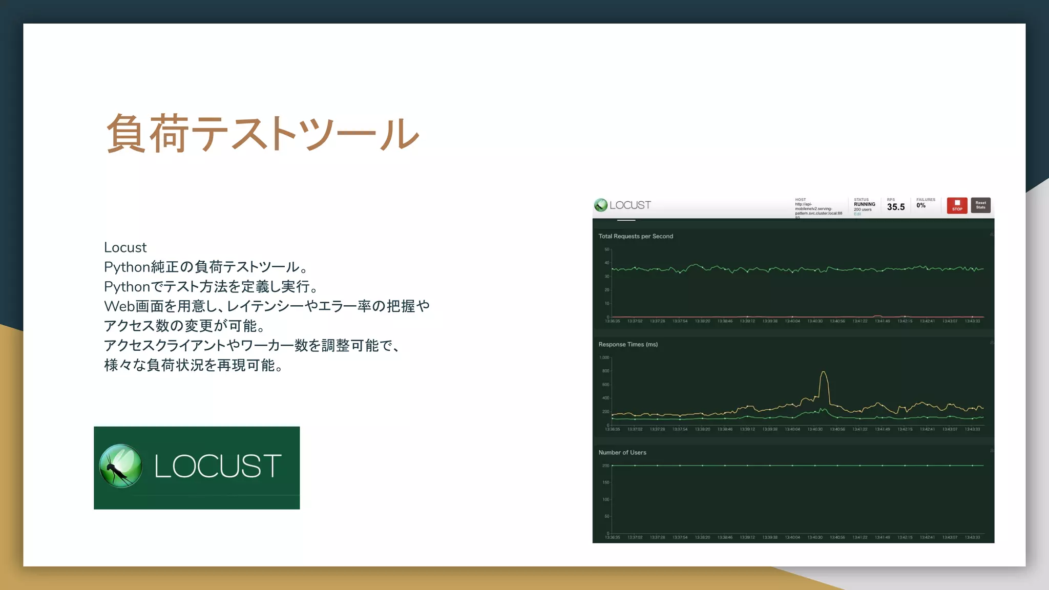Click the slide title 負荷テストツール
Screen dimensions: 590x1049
coord(262,134)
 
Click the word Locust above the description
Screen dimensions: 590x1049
coord(125,247)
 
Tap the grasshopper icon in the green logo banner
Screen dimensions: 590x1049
coord(121,466)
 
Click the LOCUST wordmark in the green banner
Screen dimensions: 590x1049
coord(218,466)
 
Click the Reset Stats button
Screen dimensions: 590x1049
coord(980,205)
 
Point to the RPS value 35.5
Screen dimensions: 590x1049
coord(896,207)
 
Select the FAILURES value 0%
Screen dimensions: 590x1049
coord(921,205)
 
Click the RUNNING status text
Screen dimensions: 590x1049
coord(865,204)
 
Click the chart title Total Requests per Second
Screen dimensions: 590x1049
coord(636,236)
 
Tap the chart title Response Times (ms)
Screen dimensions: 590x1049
coord(628,344)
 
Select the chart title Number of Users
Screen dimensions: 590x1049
coord(622,452)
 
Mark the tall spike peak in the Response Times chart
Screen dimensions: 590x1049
coord(823,372)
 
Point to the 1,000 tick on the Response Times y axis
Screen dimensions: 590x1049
coord(604,357)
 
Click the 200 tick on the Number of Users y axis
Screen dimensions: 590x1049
coord(605,466)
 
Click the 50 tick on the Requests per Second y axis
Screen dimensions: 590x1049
coord(606,249)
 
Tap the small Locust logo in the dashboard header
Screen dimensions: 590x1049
coord(601,205)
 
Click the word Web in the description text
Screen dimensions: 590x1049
coord(119,306)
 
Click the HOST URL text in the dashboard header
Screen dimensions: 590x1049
coord(817,209)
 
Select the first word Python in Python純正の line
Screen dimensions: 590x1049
coord(127,267)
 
